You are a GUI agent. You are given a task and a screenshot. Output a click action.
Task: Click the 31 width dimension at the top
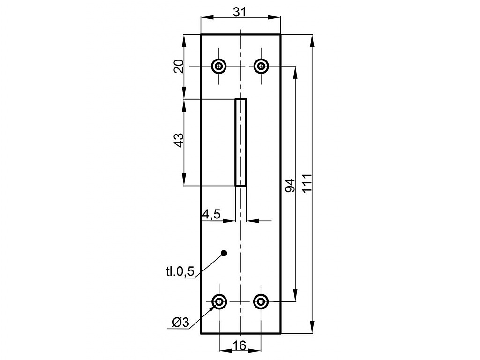click(240, 12)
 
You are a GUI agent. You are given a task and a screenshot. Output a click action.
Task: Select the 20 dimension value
click(179, 66)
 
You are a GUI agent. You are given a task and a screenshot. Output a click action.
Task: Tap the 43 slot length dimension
click(179, 140)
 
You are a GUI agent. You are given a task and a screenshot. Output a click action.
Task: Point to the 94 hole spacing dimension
click(290, 186)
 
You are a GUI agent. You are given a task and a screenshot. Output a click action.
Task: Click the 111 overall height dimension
click(307, 183)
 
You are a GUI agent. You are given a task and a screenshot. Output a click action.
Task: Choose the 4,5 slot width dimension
click(211, 214)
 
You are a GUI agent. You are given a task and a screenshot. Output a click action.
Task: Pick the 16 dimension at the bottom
click(240, 345)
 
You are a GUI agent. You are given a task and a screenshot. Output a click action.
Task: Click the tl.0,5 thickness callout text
click(180, 271)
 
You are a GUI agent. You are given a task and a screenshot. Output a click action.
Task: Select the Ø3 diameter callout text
click(181, 322)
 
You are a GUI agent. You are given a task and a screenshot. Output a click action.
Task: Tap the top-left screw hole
click(219, 66)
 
